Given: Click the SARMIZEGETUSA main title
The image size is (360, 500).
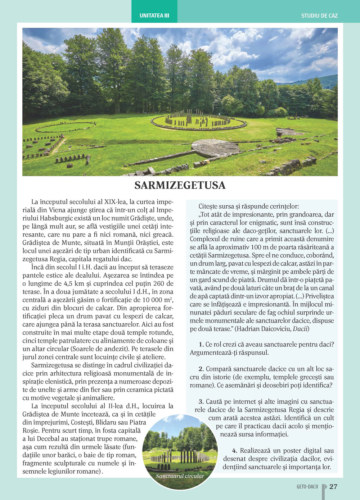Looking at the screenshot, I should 180,185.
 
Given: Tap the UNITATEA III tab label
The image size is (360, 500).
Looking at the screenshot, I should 154,16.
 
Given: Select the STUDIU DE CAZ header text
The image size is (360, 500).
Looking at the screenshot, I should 319,16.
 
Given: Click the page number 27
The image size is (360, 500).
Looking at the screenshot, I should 333,487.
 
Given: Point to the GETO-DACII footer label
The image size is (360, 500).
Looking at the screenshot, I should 307,487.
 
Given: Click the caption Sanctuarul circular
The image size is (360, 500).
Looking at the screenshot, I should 180,476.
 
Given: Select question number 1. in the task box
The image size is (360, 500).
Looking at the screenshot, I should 201,344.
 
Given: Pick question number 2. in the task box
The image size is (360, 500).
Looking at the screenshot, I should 201,369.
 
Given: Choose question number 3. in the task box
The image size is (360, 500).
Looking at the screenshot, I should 201,401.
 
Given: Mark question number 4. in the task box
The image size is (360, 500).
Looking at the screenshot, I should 235,450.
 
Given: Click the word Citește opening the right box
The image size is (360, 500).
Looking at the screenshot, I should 208,206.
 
